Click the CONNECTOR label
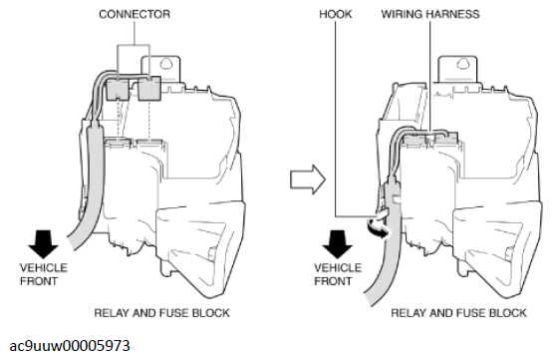click(x=135, y=14)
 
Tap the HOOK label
click(x=335, y=14)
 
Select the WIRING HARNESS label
click(x=430, y=14)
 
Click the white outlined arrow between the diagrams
click(x=308, y=180)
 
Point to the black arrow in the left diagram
click(x=43, y=244)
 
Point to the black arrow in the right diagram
click(x=337, y=244)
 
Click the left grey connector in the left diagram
click(x=118, y=90)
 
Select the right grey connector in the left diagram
click(x=149, y=89)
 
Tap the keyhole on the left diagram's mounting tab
click(x=165, y=64)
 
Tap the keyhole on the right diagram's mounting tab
click(x=462, y=64)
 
